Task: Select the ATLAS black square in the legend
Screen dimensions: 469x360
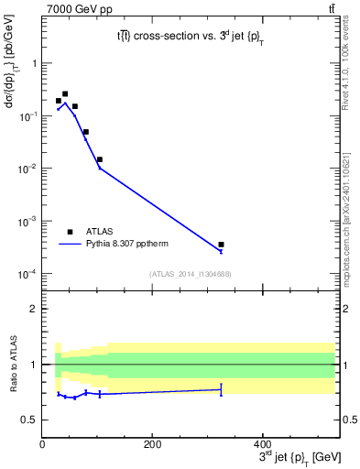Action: [70, 232]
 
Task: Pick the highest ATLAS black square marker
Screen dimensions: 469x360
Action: [64, 93]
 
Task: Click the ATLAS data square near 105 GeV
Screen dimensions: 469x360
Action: [99, 159]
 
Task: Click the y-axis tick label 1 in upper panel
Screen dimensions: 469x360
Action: [34, 63]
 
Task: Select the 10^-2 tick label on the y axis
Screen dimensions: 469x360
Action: [29, 169]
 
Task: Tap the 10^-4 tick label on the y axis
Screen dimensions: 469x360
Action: [29, 274]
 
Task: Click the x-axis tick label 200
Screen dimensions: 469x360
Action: [152, 445]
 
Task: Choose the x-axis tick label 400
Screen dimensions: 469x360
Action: [262, 445]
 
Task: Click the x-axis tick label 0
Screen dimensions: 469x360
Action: [42, 445]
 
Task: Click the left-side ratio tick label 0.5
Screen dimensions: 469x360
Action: [30, 420]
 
